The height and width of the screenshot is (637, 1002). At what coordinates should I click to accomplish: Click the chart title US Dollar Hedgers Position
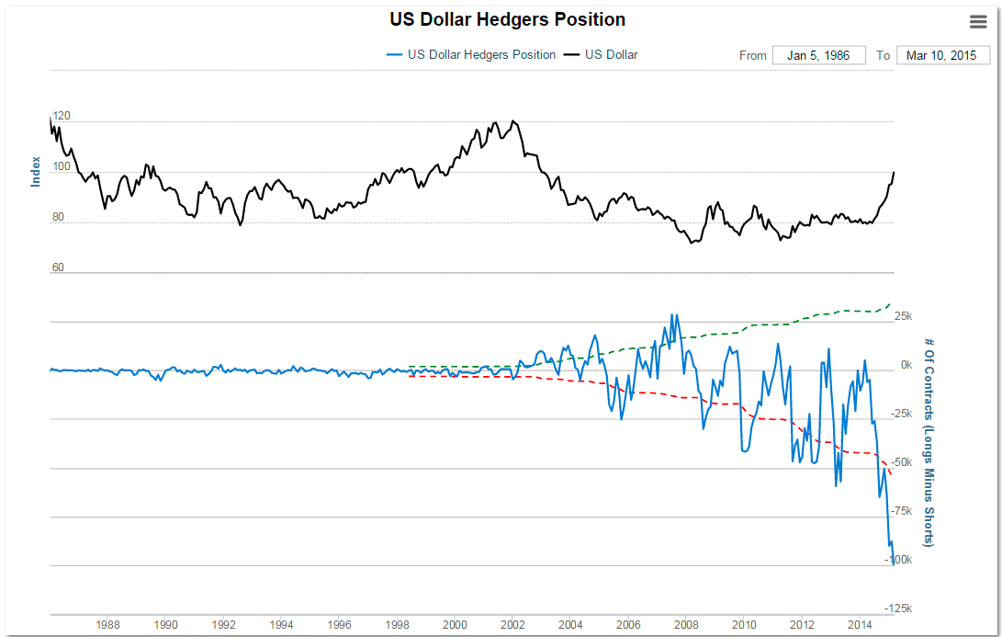click(507, 19)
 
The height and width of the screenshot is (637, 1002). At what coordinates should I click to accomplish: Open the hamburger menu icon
click(978, 22)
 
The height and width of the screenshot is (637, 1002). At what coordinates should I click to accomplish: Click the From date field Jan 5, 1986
click(818, 55)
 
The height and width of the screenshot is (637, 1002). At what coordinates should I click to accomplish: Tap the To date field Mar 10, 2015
click(942, 55)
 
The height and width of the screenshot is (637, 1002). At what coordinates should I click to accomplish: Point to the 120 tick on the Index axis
click(61, 117)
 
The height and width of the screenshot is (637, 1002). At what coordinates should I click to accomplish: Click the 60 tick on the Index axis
click(58, 267)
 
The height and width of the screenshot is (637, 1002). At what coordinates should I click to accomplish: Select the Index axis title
click(36, 171)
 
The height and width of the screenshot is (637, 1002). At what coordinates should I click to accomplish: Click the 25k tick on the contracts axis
click(902, 316)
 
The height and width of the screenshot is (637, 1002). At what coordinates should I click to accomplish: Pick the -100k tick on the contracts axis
click(899, 560)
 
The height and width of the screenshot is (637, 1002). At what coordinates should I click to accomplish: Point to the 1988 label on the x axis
click(107, 625)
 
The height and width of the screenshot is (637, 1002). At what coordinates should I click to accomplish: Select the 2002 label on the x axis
click(512, 625)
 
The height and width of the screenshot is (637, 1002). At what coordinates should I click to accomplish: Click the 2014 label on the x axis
click(860, 625)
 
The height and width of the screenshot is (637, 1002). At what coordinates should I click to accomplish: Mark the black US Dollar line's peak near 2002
click(512, 120)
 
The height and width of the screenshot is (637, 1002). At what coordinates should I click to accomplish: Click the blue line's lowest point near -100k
click(894, 564)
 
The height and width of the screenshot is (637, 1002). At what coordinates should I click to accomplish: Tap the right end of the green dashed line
click(890, 303)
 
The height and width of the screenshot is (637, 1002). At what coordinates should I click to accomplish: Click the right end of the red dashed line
click(890, 474)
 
